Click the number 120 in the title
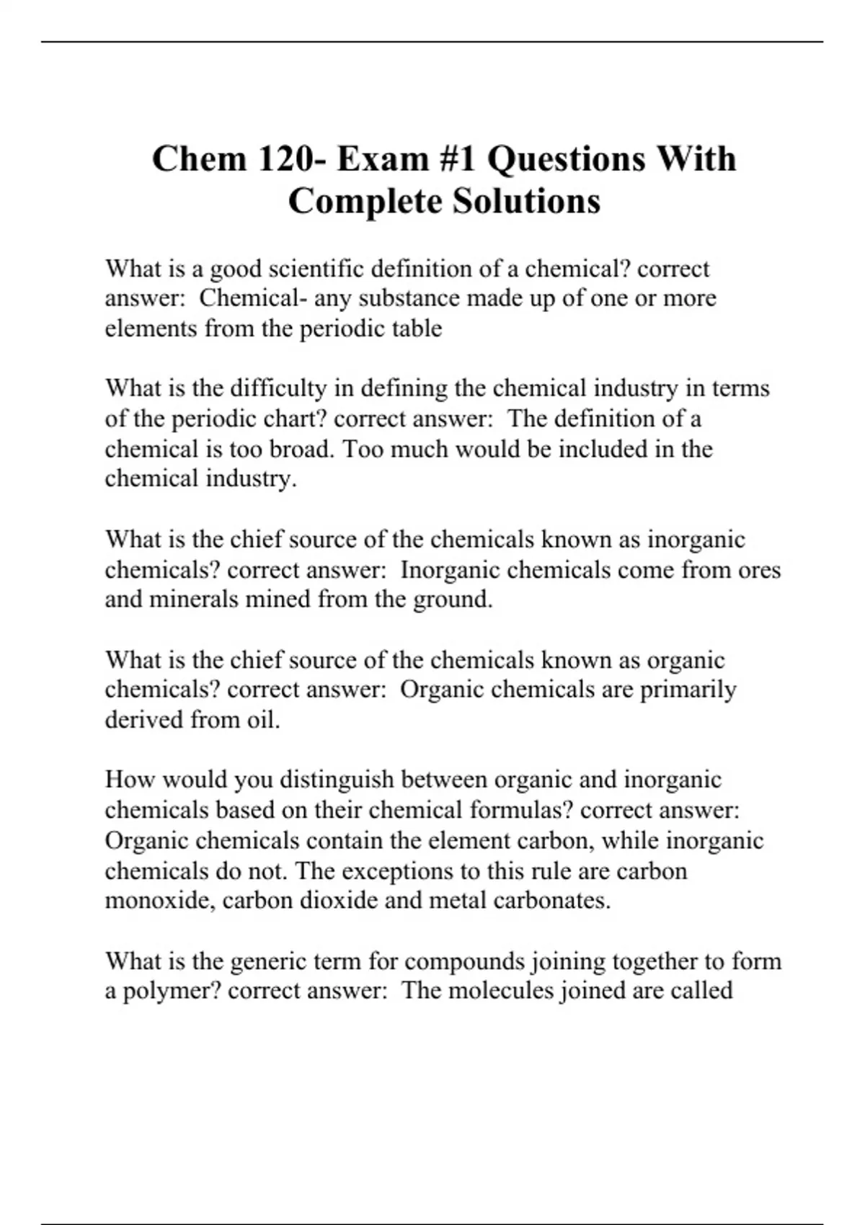tap(284, 159)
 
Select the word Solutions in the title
tap(526, 201)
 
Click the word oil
tap(262, 720)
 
